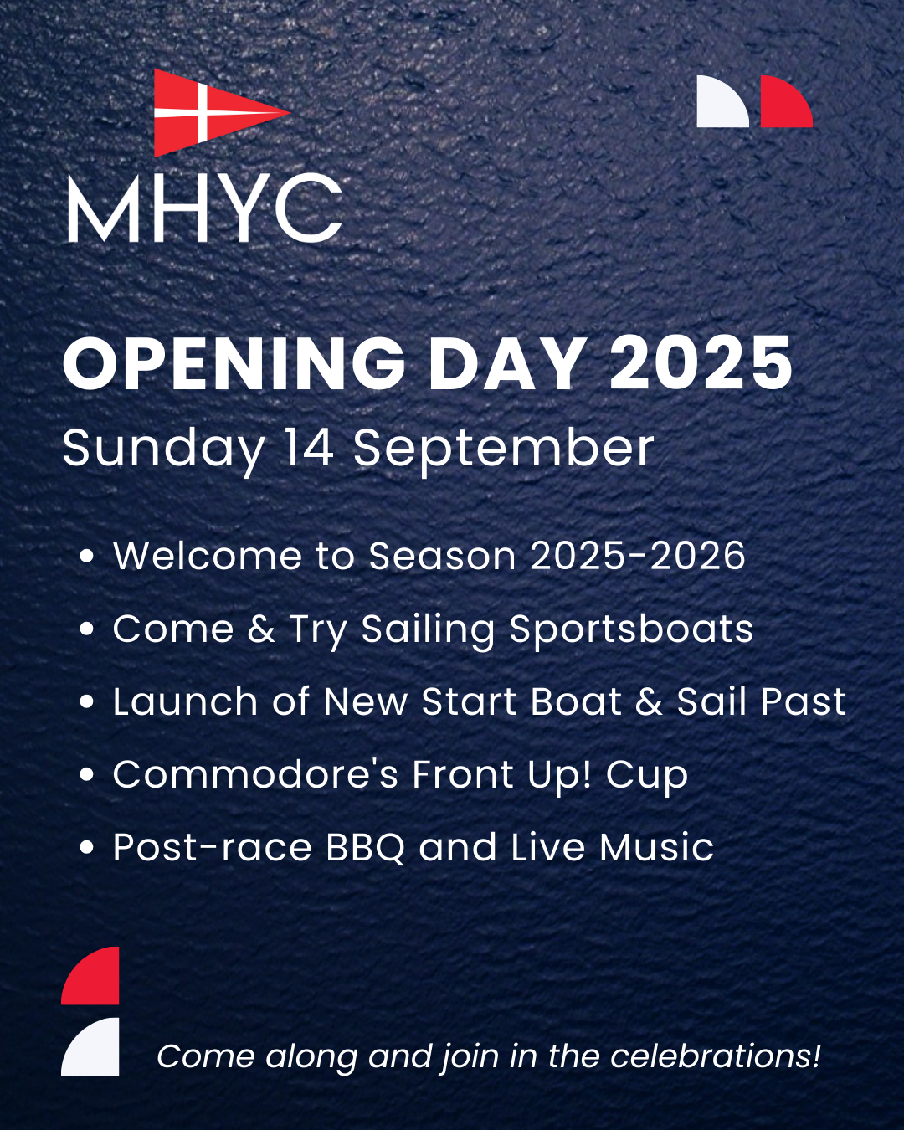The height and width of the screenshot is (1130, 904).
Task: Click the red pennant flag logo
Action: [210, 112]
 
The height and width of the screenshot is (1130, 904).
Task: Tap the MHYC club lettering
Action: [205, 208]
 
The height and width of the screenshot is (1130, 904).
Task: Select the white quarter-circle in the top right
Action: [722, 101]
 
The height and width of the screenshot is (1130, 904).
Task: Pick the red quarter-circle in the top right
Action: [786, 101]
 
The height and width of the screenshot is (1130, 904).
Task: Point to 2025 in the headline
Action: [701, 362]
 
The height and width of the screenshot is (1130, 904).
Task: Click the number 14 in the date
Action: [309, 447]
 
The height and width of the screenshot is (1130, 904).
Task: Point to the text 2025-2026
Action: [638, 556]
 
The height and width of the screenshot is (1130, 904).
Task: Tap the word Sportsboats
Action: [631, 629]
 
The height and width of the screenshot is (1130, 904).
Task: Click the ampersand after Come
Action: [261, 628]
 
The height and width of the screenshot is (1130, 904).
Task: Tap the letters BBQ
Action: [366, 847]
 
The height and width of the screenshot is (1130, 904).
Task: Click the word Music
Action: [656, 847]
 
